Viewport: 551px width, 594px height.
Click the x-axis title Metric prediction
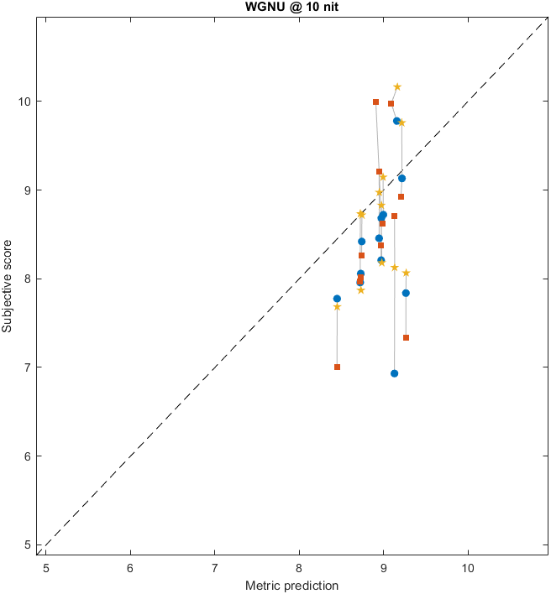291,585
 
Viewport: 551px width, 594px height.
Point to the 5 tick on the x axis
46,567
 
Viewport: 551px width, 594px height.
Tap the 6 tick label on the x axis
130,567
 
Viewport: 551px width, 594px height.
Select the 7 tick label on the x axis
214,567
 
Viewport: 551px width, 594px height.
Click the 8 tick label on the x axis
299,567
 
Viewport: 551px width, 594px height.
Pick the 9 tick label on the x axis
383,567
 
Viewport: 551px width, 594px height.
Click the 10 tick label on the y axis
24,102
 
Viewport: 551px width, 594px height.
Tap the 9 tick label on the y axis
27,190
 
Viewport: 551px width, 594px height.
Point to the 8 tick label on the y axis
27,279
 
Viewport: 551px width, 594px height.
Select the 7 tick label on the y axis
27,367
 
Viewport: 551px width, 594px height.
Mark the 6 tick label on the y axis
27,456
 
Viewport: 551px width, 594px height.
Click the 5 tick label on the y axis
27,544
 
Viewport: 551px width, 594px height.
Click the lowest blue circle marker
394,373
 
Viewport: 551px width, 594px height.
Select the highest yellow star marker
397,87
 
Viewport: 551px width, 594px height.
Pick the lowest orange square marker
337,367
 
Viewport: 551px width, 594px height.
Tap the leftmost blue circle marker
337,299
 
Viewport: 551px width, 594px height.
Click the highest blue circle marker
396,121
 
